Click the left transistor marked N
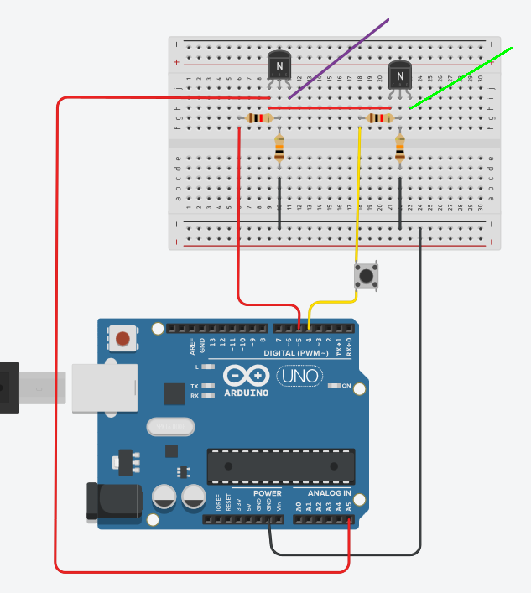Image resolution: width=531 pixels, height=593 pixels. (279, 65)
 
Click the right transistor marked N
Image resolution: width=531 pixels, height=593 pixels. (400, 76)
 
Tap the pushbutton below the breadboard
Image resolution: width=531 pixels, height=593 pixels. (366, 274)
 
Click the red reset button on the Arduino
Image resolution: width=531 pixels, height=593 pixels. (123, 339)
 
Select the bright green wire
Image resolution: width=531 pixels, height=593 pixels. (461, 79)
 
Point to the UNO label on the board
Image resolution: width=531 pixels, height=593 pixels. (299, 377)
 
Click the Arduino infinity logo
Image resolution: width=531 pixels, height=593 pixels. (247, 377)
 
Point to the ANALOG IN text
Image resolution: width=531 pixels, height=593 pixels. (323, 493)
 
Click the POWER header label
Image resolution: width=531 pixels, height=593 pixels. (268, 493)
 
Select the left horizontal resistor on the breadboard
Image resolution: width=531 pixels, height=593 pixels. (259, 118)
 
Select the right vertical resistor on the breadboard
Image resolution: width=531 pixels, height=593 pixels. (400, 150)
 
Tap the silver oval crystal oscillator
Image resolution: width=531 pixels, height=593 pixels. (170, 428)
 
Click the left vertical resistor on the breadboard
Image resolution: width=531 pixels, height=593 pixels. (279, 150)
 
